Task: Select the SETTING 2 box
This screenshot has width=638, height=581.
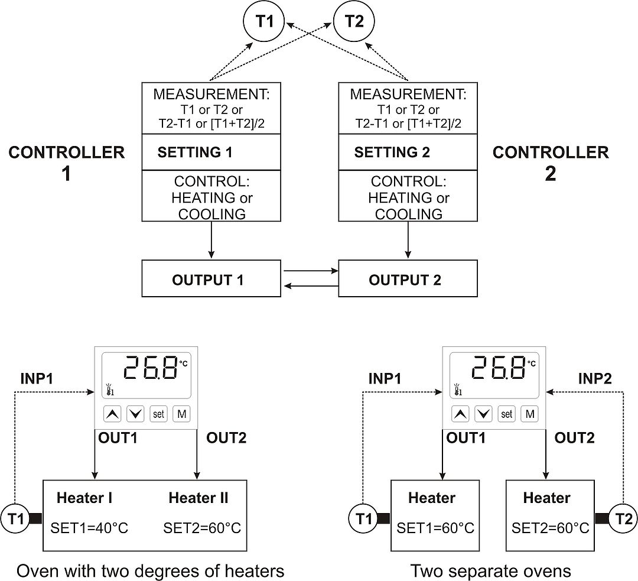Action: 408,152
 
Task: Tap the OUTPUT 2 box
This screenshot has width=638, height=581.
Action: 408,280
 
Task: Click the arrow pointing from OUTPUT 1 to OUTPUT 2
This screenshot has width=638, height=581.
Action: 310,271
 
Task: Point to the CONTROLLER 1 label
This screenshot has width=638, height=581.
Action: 67,163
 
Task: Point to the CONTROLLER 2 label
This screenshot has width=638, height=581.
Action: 551,163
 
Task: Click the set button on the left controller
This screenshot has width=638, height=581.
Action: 158,414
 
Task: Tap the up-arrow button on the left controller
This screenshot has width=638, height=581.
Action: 113,414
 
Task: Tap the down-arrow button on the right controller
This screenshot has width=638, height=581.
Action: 484,414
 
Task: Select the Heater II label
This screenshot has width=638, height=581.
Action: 198,498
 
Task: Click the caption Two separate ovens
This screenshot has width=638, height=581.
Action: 491,571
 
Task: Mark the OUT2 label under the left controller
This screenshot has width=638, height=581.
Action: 226,438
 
